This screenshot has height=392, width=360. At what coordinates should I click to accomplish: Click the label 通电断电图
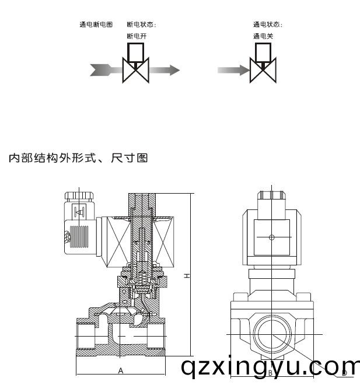96,24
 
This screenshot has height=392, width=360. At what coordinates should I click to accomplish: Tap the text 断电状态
142,24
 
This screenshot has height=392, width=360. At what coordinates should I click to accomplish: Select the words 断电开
137,36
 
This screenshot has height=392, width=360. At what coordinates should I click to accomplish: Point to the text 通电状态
268,24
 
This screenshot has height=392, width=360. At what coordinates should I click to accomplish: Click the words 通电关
263,36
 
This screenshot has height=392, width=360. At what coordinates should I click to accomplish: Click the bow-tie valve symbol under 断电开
136,71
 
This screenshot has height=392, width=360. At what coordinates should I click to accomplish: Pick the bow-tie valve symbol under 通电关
263,71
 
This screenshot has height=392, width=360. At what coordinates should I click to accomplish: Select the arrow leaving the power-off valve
165,70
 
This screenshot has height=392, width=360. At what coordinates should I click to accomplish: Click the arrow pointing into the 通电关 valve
233,70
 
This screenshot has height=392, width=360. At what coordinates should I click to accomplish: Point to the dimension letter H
186,275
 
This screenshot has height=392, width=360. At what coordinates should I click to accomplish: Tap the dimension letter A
120,370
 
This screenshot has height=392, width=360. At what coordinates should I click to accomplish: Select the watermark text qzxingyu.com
270,367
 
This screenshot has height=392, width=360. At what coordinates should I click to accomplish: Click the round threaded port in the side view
271,334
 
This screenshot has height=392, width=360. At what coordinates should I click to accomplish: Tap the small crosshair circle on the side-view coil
271,237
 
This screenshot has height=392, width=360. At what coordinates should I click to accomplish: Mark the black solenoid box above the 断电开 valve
136,52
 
